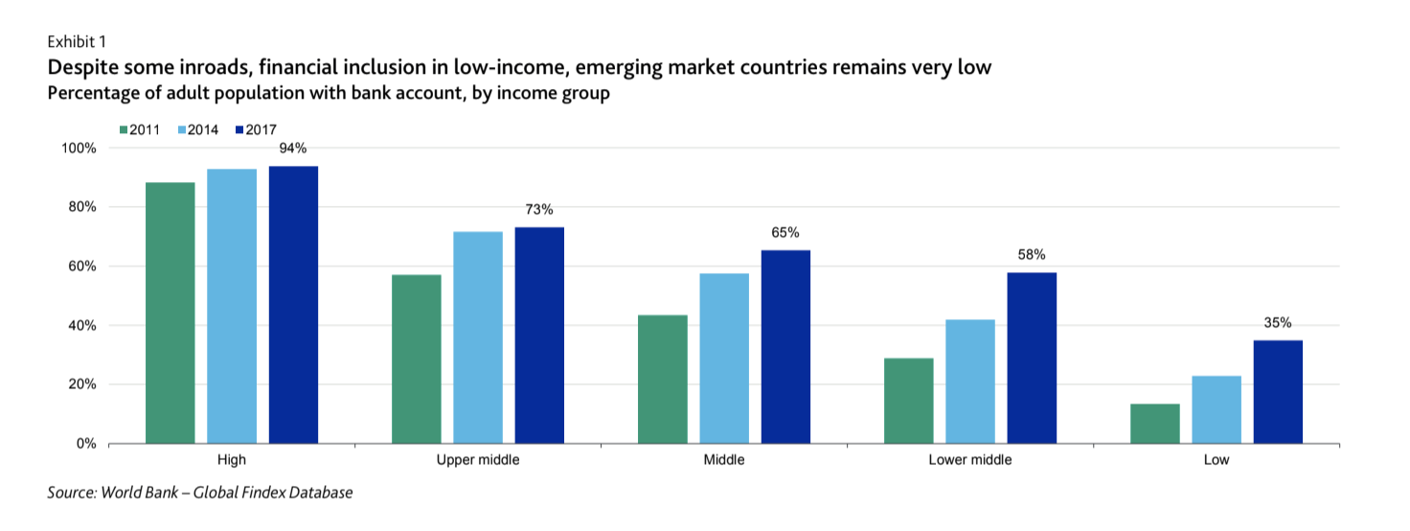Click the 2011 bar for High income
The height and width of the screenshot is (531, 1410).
tap(171, 312)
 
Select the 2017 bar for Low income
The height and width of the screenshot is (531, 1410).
tap(1278, 391)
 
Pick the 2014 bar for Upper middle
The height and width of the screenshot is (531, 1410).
tap(478, 337)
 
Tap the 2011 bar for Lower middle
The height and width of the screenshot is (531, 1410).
tap(909, 401)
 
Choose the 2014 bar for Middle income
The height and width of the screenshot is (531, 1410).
tap(724, 358)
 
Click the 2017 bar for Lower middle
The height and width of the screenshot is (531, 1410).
tap(1032, 358)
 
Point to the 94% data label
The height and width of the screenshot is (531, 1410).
tap(293, 149)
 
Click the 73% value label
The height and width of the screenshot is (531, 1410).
tap(539, 210)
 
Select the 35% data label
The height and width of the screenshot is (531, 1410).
tap(1278, 323)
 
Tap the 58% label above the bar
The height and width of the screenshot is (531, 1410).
tap(1032, 255)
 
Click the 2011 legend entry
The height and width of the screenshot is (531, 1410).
tap(141, 130)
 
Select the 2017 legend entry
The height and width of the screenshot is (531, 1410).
tap(256, 130)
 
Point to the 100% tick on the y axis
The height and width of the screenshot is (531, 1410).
tap(79, 149)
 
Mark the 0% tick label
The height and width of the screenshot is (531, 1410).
tap(86, 444)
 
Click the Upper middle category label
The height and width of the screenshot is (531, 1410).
tap(478, 460)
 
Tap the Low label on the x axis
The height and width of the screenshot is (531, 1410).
tap(1217, 460)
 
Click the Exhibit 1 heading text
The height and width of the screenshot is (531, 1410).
tap(77, 41)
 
